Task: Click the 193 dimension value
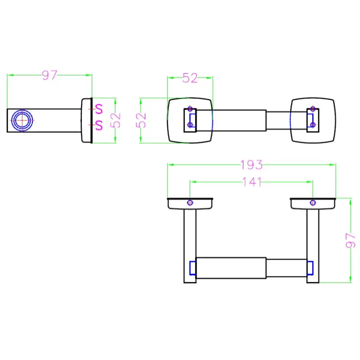coord(251,165)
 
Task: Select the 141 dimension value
coord(252,182)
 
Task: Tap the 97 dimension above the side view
coord(49,75)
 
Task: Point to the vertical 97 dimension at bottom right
coord(351,240)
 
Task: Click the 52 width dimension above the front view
coord(190,78)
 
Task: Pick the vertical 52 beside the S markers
coord(115,120)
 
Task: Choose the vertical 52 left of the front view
coord(141,120)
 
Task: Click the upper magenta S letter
coord(99,109)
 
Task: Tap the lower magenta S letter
coord(99,125)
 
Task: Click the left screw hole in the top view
coord(190,203)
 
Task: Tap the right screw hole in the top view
coord(313,203)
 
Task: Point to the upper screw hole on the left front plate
coord(190,108)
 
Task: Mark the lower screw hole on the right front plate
coord(313,125)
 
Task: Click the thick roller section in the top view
coord(231,268)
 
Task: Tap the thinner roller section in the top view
coord(287,268)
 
